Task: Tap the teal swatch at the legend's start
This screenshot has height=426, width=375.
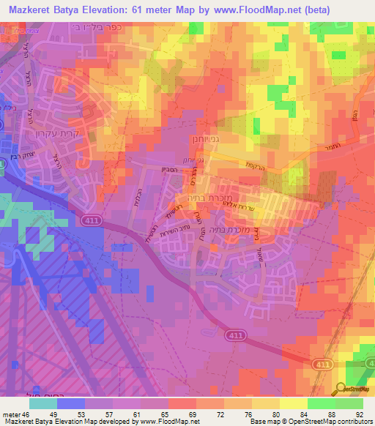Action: pos(43,403)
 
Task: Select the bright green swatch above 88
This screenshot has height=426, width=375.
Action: pos(322,403)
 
